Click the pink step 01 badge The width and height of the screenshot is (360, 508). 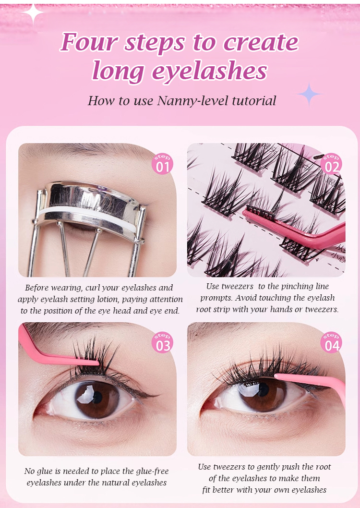click(x=163, y=164)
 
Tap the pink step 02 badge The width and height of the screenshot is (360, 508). click(x=332, y=164)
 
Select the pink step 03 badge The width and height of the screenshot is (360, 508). click(x=163, y=342)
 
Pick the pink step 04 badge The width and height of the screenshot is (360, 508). click(x=332, y=342)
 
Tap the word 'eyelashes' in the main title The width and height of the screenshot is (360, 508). click(x=210, y=71)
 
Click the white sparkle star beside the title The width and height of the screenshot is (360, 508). click(x=33, y=13)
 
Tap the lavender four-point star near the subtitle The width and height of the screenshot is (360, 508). click(x=309, y=94)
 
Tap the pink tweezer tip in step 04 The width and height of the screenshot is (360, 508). click(x=278, y=376)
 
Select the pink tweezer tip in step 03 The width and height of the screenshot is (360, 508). click(x=96, y=363)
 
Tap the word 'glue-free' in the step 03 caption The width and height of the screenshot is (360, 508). click(x=152, y=472)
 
